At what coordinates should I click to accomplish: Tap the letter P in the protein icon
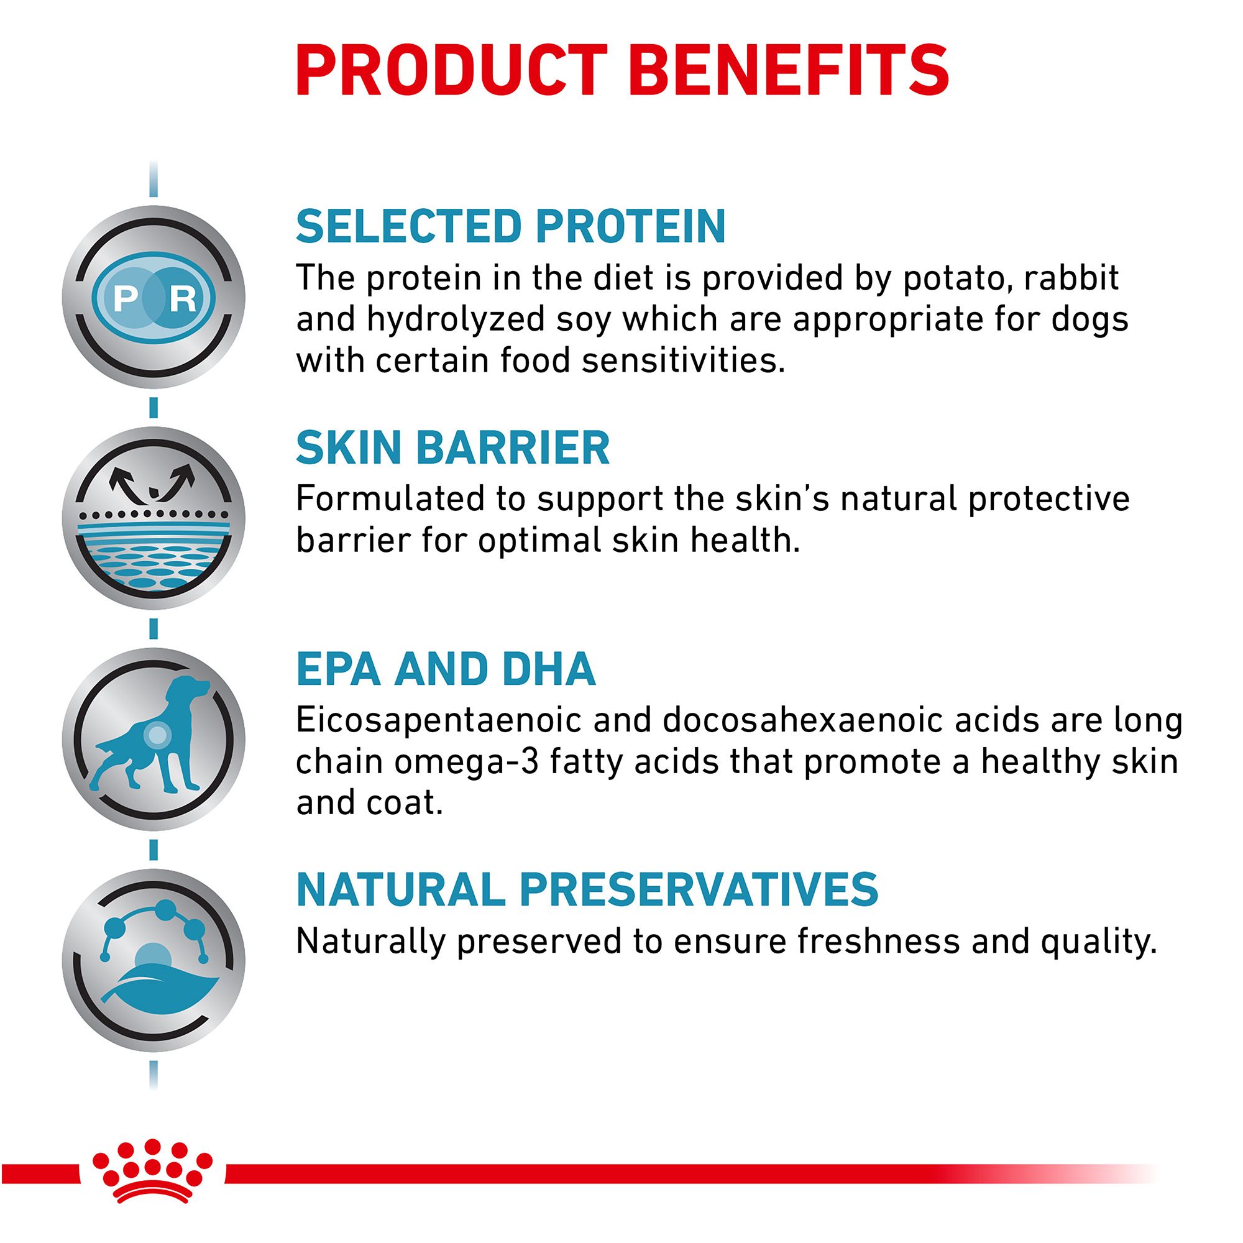126,298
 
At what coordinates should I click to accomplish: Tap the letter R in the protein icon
182,298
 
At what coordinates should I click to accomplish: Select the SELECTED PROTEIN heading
511,226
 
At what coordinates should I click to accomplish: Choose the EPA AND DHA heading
445,669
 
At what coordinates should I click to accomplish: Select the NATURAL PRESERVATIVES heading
587,890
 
